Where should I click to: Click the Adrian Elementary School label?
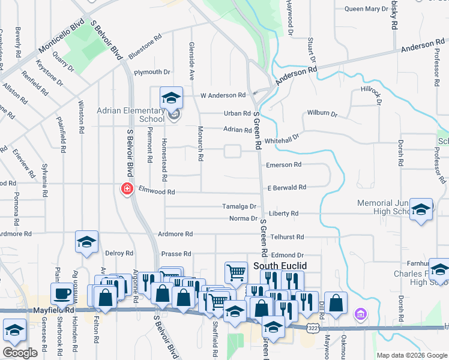(x=131, y=115)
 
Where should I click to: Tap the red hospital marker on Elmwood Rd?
(x=127, y=190)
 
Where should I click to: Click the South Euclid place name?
(x=280, y=265)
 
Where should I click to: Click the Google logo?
(x=20, y=353)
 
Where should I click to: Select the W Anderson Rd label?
(x=223, y=95)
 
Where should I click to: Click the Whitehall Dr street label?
(x=282, y=137)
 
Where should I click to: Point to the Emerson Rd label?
(x=284, y=164)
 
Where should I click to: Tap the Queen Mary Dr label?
(x=366, y=9)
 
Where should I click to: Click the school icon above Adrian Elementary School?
(x=171, y=97)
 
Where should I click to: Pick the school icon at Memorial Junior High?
(x=421, y=209)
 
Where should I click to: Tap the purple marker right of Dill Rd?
(x=360, y=313)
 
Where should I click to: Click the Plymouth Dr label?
(x=152, y=72)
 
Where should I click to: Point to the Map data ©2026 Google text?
(x=411, y=355)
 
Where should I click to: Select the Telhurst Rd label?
(x=287, y=237)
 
